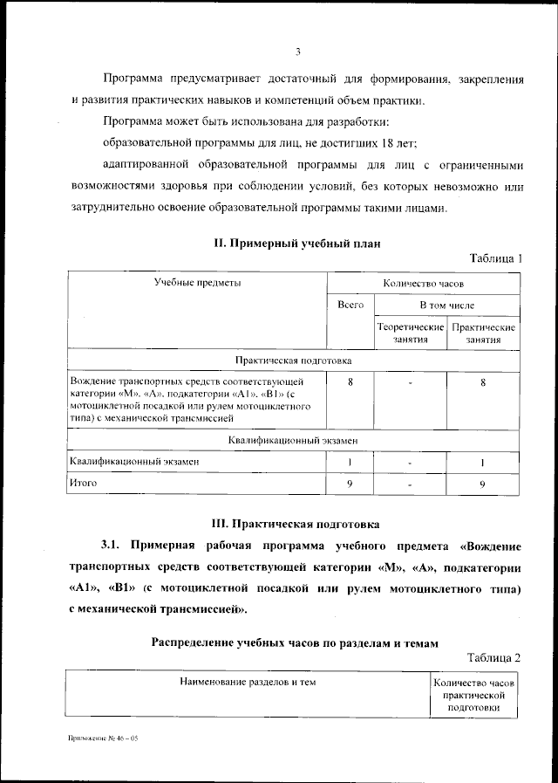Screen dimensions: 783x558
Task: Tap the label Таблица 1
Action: [x=495, y=258]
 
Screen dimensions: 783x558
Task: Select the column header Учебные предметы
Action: [x=198, y=283]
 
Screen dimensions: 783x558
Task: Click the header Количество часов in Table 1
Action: [x=424, y=283]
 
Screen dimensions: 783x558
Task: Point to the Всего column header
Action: [x=350, y=305]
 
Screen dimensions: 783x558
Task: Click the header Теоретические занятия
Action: [x=410, y=333]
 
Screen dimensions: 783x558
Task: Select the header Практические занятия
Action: [x=483, y=333]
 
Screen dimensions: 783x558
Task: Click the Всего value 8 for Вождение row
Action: [x=350, y=381]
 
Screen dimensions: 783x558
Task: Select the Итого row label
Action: [x=84, y=482]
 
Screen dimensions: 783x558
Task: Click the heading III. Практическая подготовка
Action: [x=297, y=525]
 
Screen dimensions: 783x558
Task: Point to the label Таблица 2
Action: [x=493, y=656]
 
